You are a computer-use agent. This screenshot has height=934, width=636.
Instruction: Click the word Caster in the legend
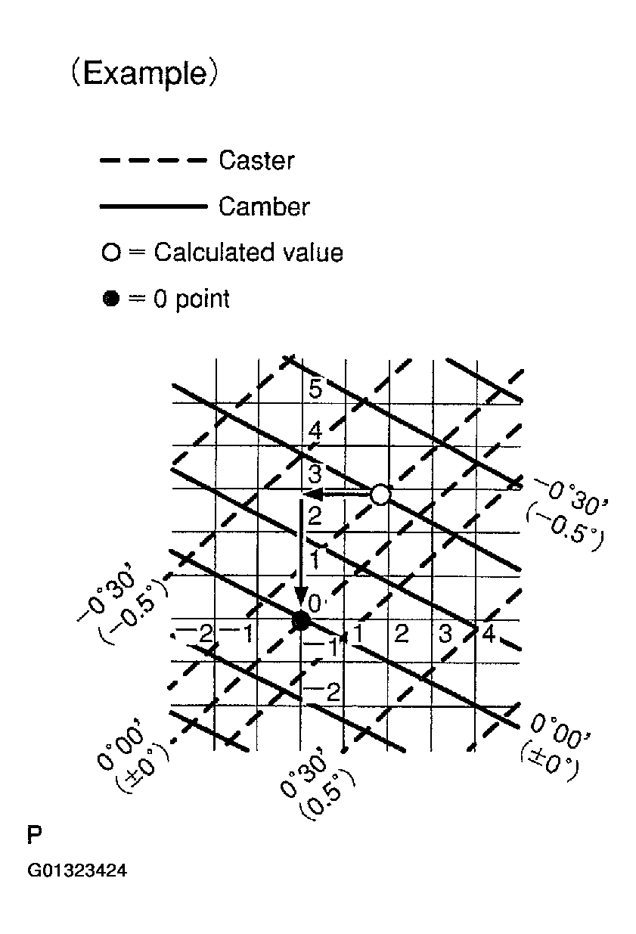pyautogui.click(x=256, y=160)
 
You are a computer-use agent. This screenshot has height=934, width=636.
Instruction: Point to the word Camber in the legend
pyautogui.click(x=264, y=206)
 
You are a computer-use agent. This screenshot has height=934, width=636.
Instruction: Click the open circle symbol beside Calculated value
pyautogui.click(x=111, y=253)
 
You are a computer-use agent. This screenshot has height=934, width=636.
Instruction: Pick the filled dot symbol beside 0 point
pyautogui.click(x=111, y=299)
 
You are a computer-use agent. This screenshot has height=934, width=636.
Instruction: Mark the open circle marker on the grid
pyautogui.click(x=380, y=495)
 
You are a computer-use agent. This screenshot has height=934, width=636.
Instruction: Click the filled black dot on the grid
pyautogui.click(x=301, y=621)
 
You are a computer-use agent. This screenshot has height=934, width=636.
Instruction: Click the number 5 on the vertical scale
pyautogui.click(x=315, y=390)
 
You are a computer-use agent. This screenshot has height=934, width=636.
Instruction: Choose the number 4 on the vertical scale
pyautogui.click(x=315, y=433)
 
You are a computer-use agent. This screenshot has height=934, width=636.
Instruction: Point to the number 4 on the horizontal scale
pyautogui.click(x=489, y=634)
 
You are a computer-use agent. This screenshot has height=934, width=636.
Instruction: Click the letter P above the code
pyautogui.click(x=35, y=836)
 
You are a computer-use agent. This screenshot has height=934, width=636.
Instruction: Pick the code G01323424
pyautogui.click(x=77, y=871)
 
